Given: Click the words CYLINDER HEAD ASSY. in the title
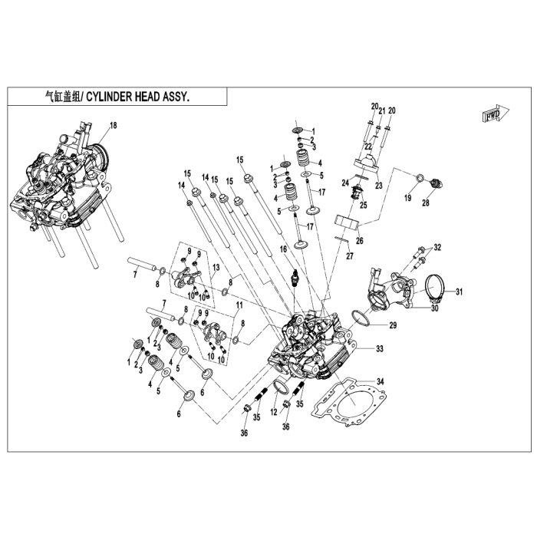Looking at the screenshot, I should [x=136, y=97].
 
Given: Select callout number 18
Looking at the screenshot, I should [x=113, y=125].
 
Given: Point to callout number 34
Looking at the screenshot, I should [x=381, y=381].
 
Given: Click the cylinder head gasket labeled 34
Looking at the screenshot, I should [x=350, y=407].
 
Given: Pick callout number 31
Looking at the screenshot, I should [x=460, y=292].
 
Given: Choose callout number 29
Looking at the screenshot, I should [x=393, y=326].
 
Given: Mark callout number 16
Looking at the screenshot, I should [x=282, y=249].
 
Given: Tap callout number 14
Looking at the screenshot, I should [x=182, y=185].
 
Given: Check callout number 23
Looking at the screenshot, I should [x=378, y=186].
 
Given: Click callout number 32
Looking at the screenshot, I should [x=438, y=247].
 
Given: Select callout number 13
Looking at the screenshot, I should [x=217, y=266].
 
